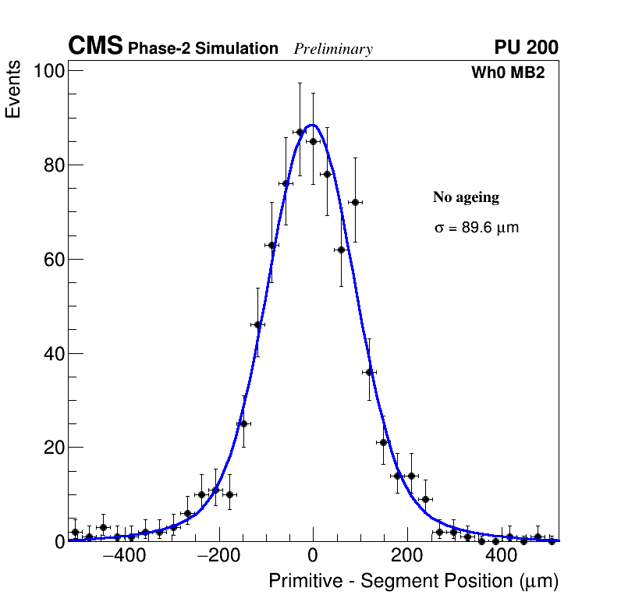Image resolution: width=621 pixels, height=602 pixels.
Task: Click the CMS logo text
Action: click(95, 47)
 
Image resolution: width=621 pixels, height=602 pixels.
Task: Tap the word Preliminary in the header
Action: click(333, 49)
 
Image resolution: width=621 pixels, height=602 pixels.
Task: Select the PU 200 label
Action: click(526, 48)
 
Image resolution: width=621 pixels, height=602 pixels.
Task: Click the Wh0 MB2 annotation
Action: click(507, 73)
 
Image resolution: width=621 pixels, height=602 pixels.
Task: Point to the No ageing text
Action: click(466, 198)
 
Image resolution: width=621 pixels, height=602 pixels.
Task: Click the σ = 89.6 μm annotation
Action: click(476, 228)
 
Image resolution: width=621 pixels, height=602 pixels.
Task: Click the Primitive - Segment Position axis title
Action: click(413, 582)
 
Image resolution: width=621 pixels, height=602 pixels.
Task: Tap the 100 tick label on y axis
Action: click(48, 72)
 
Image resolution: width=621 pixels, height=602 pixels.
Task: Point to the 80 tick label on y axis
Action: click(51, 165)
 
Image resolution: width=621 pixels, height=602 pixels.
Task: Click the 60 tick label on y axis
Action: click(51, 260)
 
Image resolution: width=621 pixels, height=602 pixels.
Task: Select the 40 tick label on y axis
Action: click(51, 354)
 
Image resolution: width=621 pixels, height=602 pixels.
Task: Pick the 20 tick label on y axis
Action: click(51, 448)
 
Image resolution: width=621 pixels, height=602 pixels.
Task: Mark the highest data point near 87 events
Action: click(300, 133)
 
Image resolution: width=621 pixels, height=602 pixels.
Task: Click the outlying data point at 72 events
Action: click(355, 203)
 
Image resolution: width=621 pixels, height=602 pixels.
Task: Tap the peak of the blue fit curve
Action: click(312, 125)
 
